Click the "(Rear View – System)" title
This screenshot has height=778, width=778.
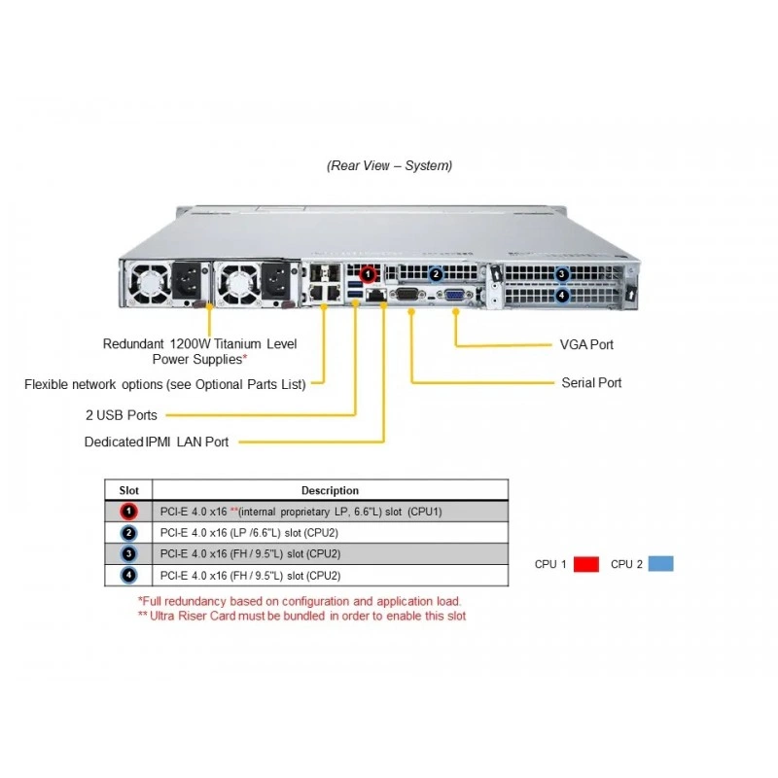[x=390, y=165]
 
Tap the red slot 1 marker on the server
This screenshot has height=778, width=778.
[x=368, y=274]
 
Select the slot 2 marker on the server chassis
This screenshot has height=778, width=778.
[x=436, y=274]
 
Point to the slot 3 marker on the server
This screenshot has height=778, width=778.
[x=562, y=274]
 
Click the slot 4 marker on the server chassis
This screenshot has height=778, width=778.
[x=562, y=296]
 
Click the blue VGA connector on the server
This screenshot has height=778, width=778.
[x=455, y=296]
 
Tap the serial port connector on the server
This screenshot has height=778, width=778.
[x=408, y=295]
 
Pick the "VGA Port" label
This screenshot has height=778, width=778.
[x=586, y=344]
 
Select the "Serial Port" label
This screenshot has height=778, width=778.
[x=591, y=382]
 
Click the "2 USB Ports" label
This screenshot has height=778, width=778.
[x=121, y=415]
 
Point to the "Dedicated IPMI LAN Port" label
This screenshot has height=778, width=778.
[x=157, y=442]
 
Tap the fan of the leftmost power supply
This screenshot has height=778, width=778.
[x=149, y=283]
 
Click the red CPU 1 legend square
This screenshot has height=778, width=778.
[x=586, y=564]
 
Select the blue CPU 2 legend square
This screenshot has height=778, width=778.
[x=661, y=564]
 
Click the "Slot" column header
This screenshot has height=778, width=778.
[x=128, y=490]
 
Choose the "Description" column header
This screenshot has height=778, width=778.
[x=330, y=490]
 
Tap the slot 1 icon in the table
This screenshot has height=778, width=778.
[x=128, y=512]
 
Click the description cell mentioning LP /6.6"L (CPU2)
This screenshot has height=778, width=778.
[x=249, y=532]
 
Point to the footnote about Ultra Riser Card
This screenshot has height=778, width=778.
[x=301, y=616]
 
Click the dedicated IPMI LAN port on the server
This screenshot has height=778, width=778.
[x=375, y=295]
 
